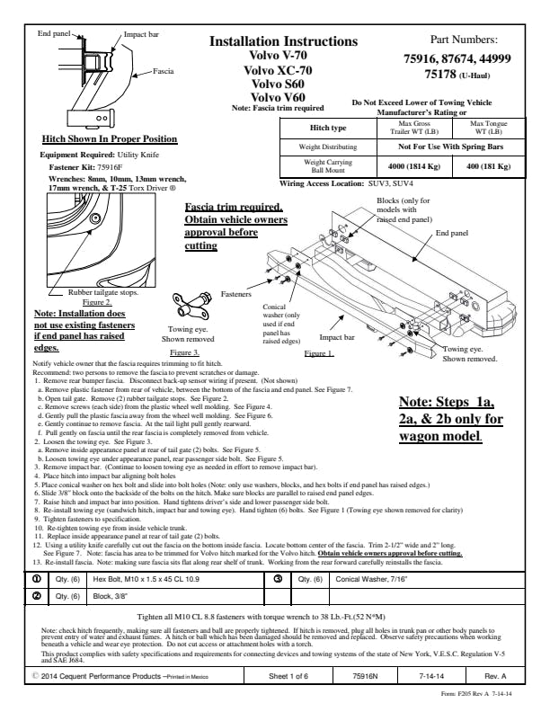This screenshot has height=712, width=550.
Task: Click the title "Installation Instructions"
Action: click(x=283, y=42)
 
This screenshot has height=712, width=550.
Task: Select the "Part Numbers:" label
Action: click(x=464, y=40)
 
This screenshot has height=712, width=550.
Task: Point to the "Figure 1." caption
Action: click(x=319, y=354)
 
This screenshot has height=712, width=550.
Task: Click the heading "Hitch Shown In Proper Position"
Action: click(x=111, y=139)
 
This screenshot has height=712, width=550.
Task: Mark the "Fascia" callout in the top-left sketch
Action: click(x=163, y=70)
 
